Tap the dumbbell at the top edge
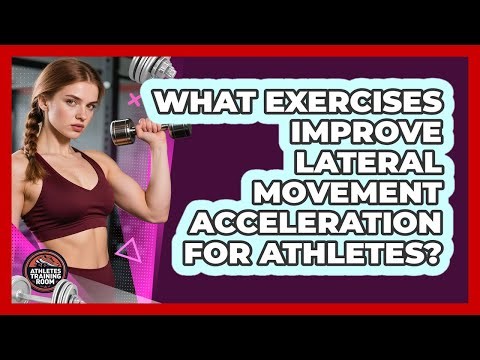[x=152, y=68]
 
